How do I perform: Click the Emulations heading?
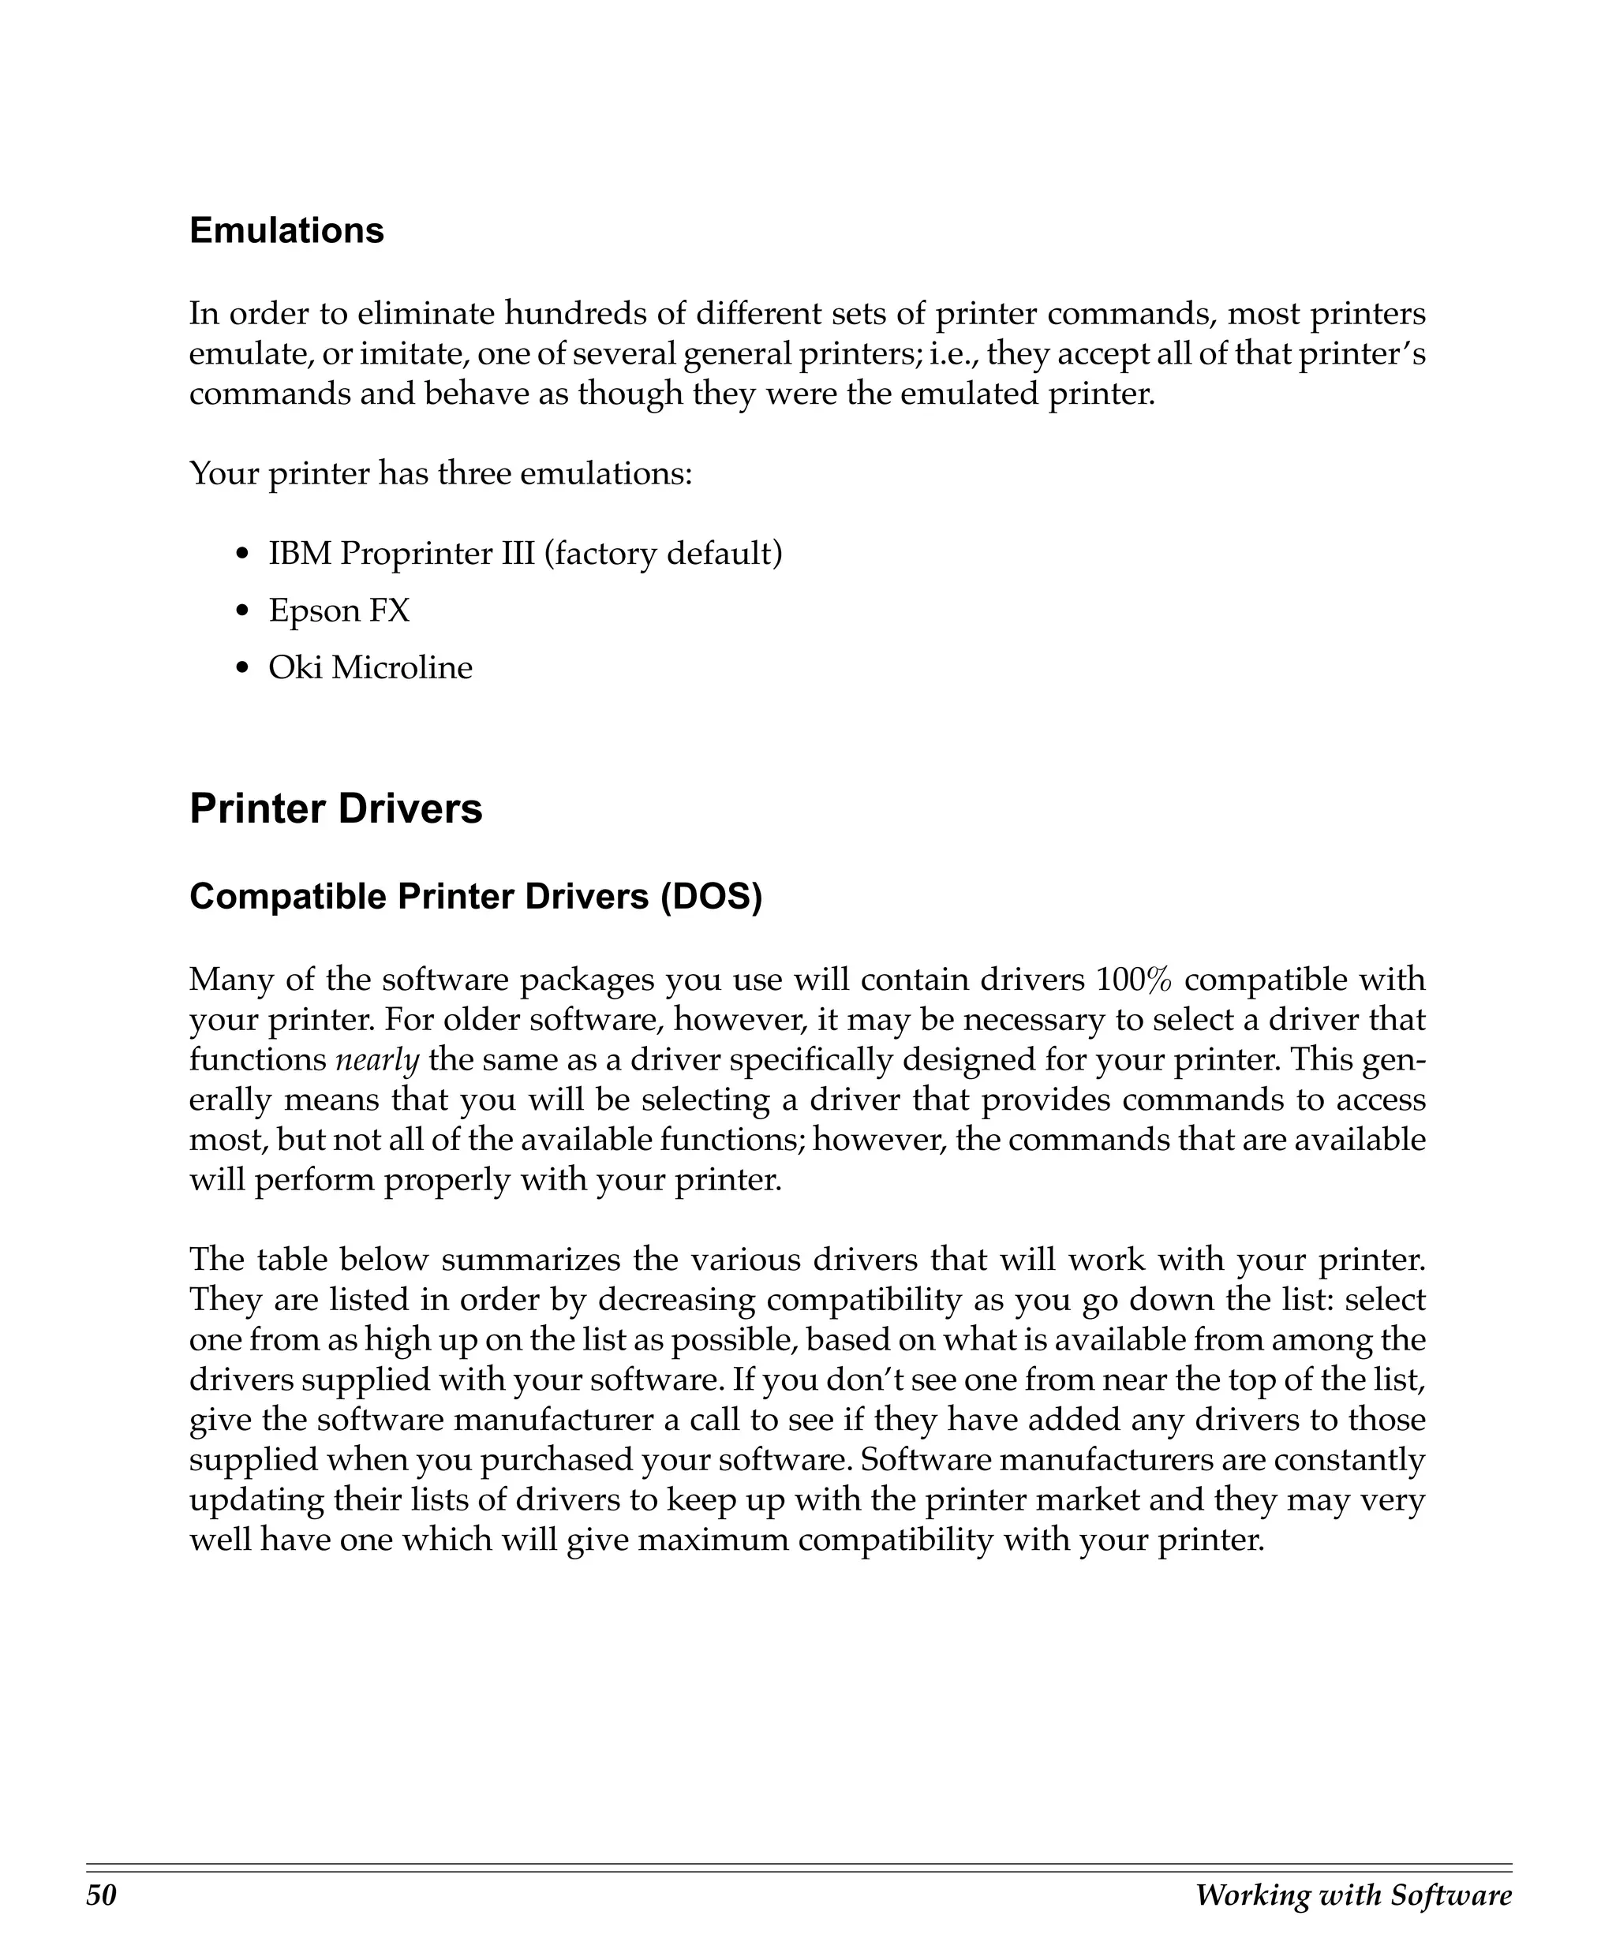click(x=286, y=231)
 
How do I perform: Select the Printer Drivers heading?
click(x=336, y=808)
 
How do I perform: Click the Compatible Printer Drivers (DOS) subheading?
click(x=475, y=897)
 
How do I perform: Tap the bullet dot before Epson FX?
click(x=243, y=611)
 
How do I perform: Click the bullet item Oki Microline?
click(x=369, y=667)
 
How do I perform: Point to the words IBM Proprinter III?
click(x=401, y=554)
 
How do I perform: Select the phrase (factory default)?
click(x=663, y=554)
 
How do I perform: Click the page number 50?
click(x=101, y=1895)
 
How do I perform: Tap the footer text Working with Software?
click(x=1352, y=1895)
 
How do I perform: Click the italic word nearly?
click(x=377, y=1060)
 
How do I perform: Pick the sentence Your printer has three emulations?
click(x=440, y=474)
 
